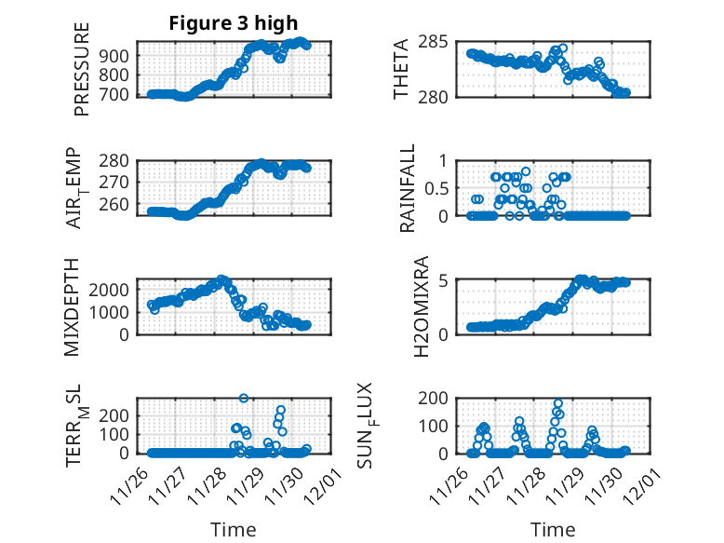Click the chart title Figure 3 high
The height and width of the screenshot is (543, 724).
234,24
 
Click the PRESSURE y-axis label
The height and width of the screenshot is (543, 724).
82,70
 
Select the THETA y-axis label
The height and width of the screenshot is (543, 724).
401,70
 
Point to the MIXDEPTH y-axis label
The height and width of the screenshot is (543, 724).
73,306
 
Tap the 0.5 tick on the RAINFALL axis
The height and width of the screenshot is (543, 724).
437,188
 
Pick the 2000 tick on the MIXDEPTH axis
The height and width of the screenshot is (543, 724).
115,289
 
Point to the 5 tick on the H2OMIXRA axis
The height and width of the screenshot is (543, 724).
445,280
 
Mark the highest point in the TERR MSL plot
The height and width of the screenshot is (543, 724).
244,398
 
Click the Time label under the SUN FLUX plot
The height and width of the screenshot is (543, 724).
553,530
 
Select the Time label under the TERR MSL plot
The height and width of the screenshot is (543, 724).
234,530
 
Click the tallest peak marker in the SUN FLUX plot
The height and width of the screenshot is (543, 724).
558,403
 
